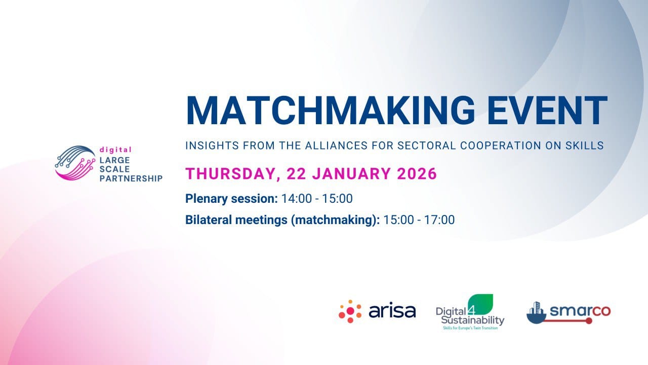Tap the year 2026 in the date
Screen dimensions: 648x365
[417, 173]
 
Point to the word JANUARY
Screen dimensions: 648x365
[352, 173]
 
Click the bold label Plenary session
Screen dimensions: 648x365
[231, 199]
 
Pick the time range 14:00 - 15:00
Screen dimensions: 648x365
[317, 199]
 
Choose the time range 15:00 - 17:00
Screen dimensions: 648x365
[419, 220]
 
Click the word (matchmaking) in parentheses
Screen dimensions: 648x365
[335, 220]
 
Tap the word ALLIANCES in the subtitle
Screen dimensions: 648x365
[337, 145]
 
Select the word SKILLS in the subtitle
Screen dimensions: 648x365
[585, 145]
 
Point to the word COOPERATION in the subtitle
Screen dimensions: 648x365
[501, 145]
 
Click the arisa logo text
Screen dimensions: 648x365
[392, 311]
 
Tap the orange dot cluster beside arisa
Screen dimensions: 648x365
[350, 311]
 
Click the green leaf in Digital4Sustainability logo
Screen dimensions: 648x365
[480, 304]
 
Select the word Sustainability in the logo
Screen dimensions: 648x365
[473, 320]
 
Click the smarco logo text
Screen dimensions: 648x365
[580, 311]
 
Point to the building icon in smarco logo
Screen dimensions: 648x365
[536, 313]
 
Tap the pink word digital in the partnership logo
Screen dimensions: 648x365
[115, 150]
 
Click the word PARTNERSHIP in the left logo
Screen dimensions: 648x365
[131, 178]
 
